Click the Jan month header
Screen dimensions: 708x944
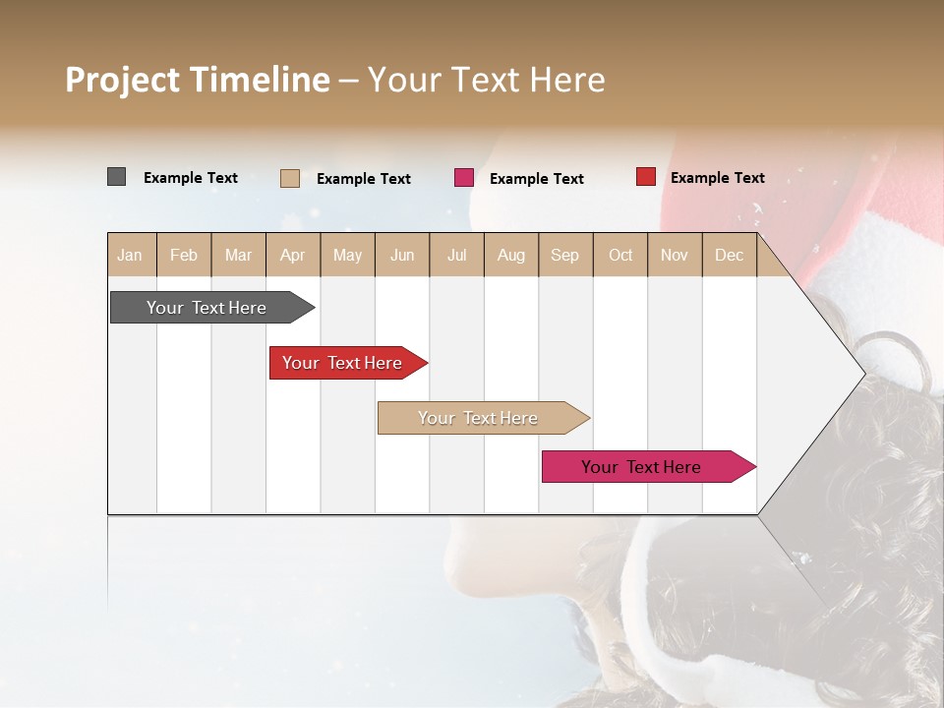click(x=130, y=255)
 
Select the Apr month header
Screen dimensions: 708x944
click(x=292, y=255)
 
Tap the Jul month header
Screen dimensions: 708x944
click(x=456, y=255)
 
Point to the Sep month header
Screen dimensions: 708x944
click(x=564, y=255)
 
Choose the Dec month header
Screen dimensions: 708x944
click(x=729, y=255)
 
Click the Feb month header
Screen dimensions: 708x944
click(x=184, y=255)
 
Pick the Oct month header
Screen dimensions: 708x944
click(x=620, y=255)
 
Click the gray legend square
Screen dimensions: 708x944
click(x=116, y=177)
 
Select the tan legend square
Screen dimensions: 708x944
click(x=289, y=178)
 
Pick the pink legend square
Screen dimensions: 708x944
click(x=464, y=177)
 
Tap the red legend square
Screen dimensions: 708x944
click(x=645, y=177)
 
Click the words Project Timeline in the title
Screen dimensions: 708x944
click(x=198, y=80)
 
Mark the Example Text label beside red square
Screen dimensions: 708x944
click(x=717, y=178)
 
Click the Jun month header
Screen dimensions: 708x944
click(x=402, y=255)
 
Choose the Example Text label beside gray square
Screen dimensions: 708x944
click(x=191, y=178)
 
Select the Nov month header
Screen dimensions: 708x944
click(x=675, y=255)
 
